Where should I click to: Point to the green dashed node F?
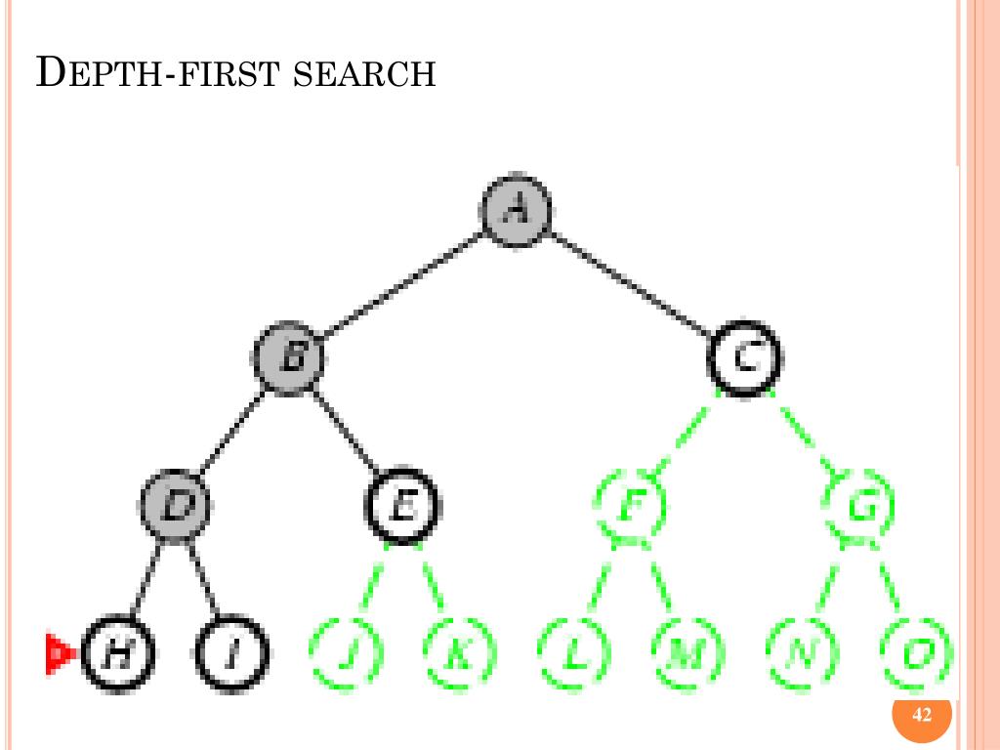[630, 505]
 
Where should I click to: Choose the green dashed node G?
[858, 505]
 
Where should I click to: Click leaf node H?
[118, 652]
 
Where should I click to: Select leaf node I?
[231, 652]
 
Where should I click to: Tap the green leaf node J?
[346, 652]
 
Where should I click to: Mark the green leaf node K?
[459, 652]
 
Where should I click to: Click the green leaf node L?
[574, 652]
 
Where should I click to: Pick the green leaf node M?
[687, 652]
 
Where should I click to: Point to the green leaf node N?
[802, 652]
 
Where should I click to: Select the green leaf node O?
[916, 652]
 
